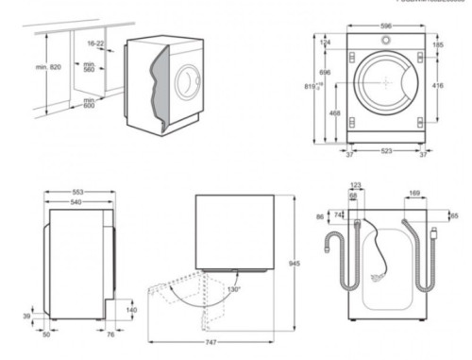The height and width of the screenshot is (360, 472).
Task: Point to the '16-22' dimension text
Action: point(94,43)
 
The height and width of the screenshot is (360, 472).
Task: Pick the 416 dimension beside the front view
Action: point(438,84)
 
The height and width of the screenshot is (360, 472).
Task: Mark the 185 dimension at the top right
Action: point(438,43)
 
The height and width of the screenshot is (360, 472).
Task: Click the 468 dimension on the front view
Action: point(335,114)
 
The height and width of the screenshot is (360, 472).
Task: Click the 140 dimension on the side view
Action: point(131,309)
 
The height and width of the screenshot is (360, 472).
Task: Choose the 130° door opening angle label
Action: point(234,289)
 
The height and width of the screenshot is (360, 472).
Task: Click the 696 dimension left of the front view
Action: point(325,72)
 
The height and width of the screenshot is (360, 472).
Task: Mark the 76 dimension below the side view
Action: point(110,333)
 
